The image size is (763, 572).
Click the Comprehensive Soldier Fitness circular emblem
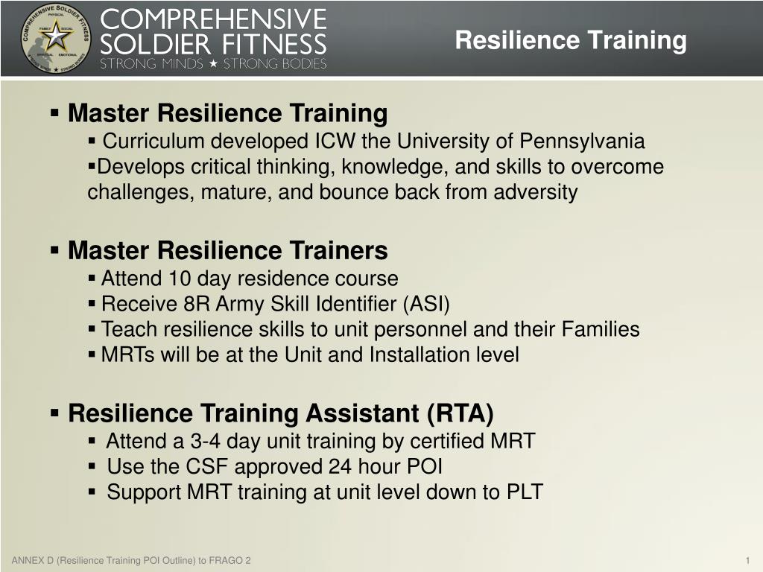[x=55, y=38]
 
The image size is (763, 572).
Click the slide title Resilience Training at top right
[x=571, y=40]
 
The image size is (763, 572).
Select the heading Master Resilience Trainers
[x=227, y=251]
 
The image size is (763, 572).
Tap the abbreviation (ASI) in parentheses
[x=426, y=305]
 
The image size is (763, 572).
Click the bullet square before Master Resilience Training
[x=55, y=114]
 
